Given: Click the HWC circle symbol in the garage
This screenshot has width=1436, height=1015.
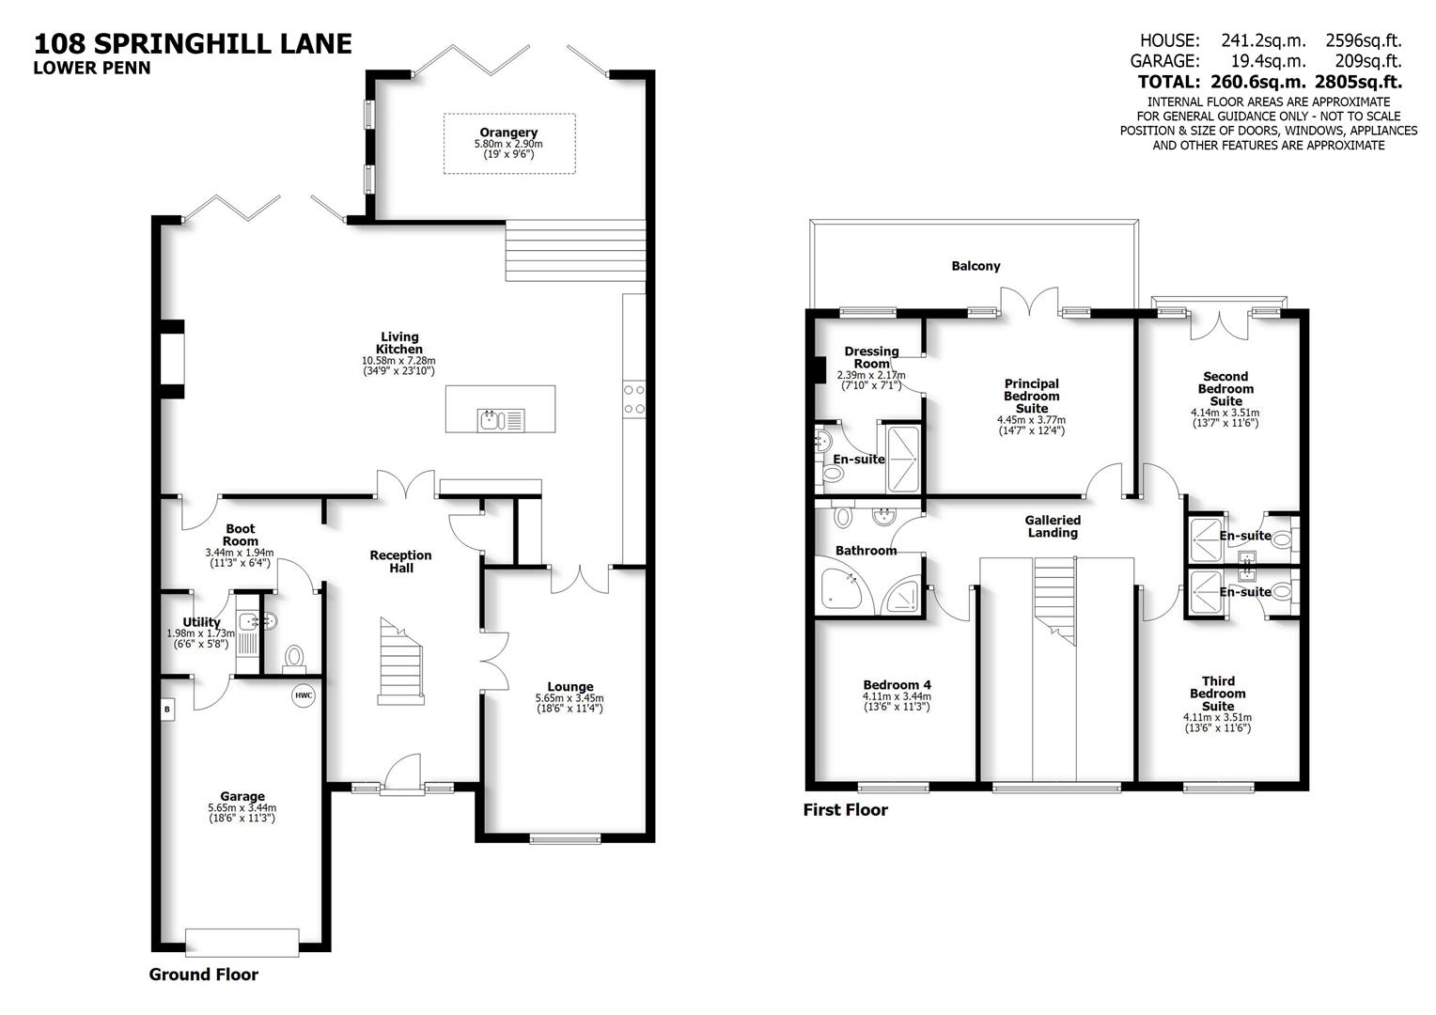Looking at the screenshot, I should (x=303, y=696).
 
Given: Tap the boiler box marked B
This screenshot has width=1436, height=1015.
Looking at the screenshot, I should (x=168, y=709).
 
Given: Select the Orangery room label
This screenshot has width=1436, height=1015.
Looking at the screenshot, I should (x=508, y=133).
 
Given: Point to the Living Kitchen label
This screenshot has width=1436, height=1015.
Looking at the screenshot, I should (x=399, y=343).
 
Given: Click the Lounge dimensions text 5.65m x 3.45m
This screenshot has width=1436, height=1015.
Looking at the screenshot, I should (x=569, y=698).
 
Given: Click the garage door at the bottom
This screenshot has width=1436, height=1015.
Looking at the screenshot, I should (x=242, y=942).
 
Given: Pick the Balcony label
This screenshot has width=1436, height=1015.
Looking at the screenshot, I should (x=976, y=266).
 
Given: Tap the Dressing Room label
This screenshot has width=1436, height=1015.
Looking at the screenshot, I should (x=871, y=357).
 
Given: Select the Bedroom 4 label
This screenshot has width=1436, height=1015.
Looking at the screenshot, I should (x=897, y=685).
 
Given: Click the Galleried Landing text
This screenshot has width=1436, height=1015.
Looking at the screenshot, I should (x=1053, y=526).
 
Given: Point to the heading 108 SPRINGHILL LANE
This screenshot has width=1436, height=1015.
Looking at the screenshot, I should (x=193, y=43).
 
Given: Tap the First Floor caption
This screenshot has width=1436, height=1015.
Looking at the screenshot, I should (x=845, y=810).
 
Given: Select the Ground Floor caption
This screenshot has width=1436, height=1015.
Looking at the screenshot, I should (x=203, y=975).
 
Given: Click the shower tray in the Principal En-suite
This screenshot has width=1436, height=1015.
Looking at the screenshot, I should (x=899, y=457).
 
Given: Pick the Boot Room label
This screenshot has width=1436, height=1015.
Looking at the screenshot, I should (x=240, y=535).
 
